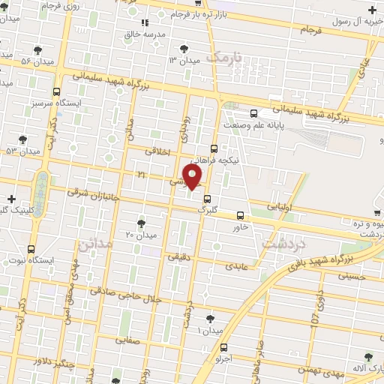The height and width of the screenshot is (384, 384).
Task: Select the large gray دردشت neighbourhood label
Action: [x=282, y=241]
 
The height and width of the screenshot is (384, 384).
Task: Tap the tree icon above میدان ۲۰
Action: [x=142, y=223]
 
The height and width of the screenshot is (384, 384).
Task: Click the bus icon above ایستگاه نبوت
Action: [x=31, y=248]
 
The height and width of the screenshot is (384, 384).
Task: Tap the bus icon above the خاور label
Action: [x=240, y=214]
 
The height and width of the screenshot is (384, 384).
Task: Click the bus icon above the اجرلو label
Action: [x=225, y=346]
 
